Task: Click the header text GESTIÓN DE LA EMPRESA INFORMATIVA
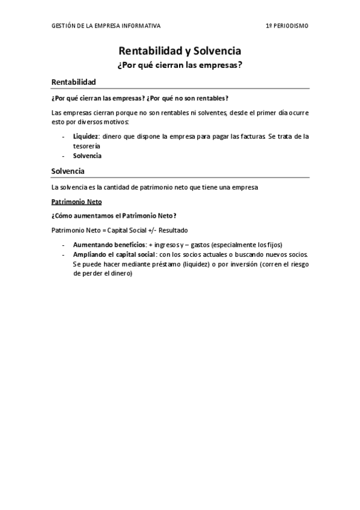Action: point(106,26)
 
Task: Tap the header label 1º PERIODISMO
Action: point(287,26)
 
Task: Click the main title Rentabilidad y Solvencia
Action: point(180,52)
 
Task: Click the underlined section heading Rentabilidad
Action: point(73,82)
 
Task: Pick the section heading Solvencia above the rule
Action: point(68,171)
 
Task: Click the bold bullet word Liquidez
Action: point(85,137)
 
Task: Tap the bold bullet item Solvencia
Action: point(87,156)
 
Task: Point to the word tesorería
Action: point(87,146)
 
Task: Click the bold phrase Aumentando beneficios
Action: point(109,245)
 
